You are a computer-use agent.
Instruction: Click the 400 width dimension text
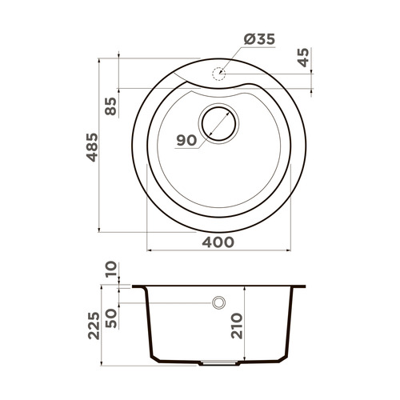pos(218,242)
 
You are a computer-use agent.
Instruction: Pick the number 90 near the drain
pos(186,141)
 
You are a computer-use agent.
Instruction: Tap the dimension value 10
pos(110,272)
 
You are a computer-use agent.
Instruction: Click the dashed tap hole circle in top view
pos(217,74)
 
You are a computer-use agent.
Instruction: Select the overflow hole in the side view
pos(218,303)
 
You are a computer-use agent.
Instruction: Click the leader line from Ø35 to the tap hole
pos(232,58)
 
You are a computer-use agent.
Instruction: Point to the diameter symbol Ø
pos(246,38)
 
